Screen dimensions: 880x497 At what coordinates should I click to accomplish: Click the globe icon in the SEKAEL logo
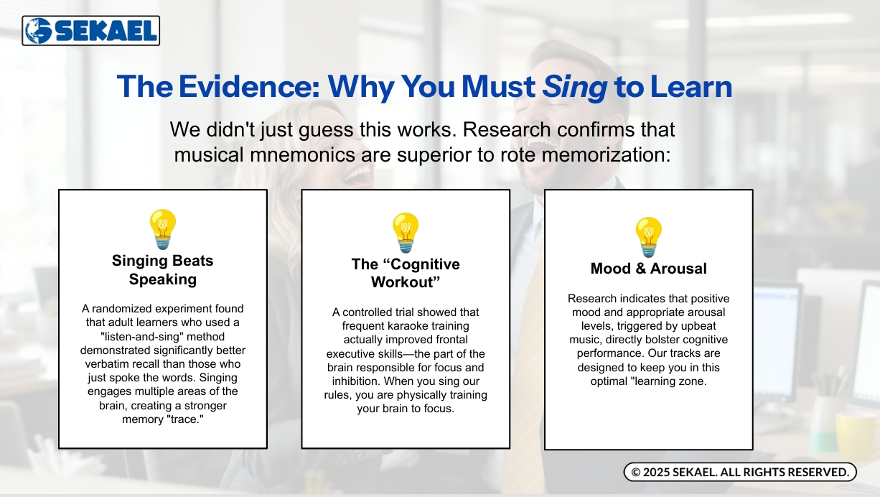coord(38,31)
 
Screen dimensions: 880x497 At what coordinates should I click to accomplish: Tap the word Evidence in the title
coord(250,86)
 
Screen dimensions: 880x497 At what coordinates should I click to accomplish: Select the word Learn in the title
coord(691,86)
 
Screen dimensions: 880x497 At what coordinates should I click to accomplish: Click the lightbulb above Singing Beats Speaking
coord(163,229)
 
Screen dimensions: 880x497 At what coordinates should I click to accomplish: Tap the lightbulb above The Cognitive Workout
coord(406,233)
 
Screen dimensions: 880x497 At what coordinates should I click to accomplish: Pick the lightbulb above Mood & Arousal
coord(648,237)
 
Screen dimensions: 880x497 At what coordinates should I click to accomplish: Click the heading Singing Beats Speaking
coord(163,270)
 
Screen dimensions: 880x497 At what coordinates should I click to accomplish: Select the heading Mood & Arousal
coord(649,269)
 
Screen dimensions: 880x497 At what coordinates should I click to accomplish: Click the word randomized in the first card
coord(120,309)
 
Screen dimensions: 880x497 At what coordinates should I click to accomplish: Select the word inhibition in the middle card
coord(356,381)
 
